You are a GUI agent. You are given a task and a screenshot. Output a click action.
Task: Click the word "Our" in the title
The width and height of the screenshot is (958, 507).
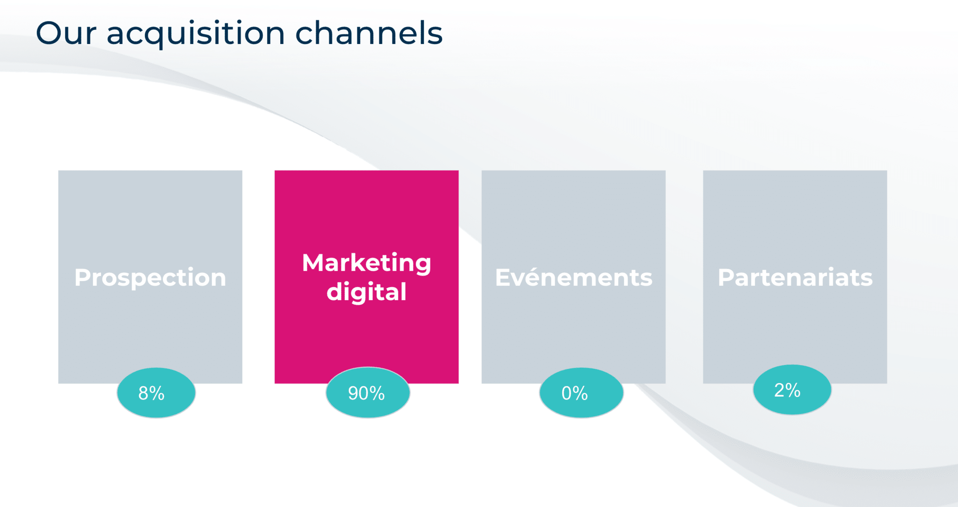tap(66, 33)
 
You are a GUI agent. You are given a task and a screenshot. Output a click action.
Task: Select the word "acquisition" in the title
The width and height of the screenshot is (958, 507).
tap(196, 34)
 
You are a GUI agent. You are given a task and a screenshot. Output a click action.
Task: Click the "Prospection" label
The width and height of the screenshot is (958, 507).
tap(150, 278)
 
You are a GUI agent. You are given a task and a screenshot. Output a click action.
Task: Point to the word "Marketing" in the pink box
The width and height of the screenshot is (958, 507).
tap(367, 263)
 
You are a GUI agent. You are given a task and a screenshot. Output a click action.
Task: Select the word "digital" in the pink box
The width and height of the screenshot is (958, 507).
tap(367, 292)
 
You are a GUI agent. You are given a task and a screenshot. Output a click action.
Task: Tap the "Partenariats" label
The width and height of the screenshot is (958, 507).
tap(795, 277)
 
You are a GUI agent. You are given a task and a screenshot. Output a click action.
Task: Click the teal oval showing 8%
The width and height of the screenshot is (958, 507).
tap(156, 393)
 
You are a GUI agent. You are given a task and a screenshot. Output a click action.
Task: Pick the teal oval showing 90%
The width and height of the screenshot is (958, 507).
tap(368, 393)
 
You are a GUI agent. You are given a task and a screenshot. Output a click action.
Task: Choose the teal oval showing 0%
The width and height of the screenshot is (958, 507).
tap(581, 393)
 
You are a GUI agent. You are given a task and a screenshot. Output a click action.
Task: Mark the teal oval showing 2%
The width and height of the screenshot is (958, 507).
tap(792, 390)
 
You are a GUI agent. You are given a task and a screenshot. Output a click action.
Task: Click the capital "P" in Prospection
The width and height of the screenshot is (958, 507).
tap(83, 277)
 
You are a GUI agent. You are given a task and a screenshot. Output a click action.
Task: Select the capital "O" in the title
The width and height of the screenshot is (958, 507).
tap(48, 33)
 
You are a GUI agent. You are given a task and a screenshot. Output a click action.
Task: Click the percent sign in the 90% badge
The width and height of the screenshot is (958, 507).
tap(377, 393)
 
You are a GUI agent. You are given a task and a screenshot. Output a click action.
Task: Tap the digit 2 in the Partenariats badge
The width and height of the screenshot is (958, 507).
tap(780, 390)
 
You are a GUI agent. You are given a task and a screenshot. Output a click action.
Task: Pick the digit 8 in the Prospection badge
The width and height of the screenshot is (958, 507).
tap(144, 393)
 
